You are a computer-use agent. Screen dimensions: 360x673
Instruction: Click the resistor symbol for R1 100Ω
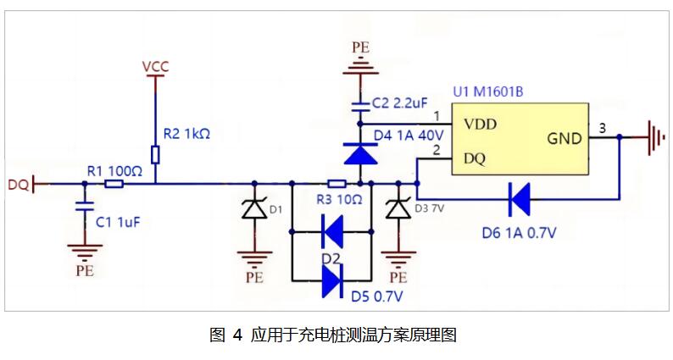coord(114,183)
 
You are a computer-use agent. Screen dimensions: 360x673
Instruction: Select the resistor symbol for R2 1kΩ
coord(155,154)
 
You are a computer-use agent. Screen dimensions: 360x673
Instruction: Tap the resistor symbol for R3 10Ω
coord(336,183)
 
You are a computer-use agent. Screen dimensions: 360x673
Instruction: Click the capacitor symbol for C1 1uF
coord(83,206)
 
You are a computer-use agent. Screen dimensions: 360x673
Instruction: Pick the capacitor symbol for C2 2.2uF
coord(361,105)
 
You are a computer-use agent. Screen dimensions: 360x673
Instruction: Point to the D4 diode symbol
coord(361,154)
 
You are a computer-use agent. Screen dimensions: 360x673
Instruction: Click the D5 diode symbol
coord(334,280)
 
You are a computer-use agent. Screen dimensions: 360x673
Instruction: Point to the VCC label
coord(155,64)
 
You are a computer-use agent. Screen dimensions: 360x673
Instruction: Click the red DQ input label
coord(18,184)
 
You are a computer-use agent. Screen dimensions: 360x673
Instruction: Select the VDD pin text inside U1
coord(480,124)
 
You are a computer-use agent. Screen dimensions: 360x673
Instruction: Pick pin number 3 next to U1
coord(602,128)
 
